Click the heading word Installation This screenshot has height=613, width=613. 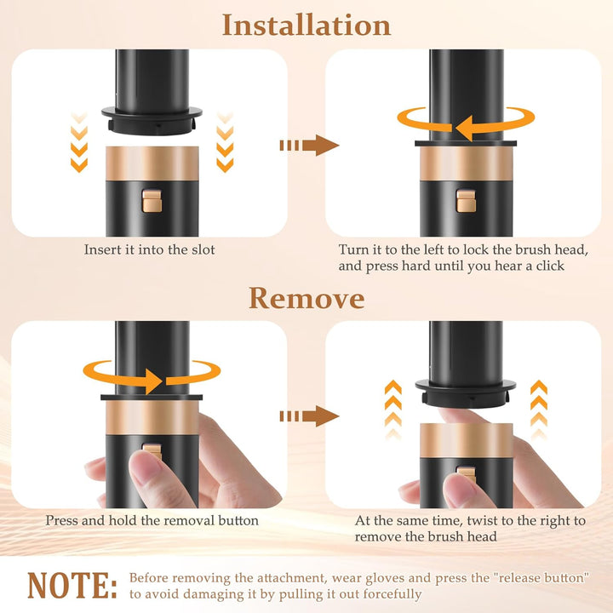[306, 26]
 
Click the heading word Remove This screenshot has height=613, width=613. [306, 298]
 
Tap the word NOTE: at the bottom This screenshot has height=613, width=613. [72, 585]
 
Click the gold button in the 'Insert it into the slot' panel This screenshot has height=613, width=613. [152, 201]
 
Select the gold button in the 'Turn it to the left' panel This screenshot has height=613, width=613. [466, 201]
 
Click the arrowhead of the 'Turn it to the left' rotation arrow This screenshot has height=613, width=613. [464, 128]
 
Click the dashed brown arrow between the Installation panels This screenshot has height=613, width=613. [309, 146]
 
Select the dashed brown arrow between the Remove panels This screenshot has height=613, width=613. [309, 416]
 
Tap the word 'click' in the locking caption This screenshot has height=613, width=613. [550, 266]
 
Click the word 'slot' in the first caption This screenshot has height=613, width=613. [203, 249]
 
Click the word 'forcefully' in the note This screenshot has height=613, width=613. [392, 594]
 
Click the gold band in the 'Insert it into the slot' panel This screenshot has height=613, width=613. [152, 163]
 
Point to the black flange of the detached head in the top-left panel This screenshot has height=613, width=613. [152, 120]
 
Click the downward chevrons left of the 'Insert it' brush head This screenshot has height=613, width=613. [79, 142]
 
